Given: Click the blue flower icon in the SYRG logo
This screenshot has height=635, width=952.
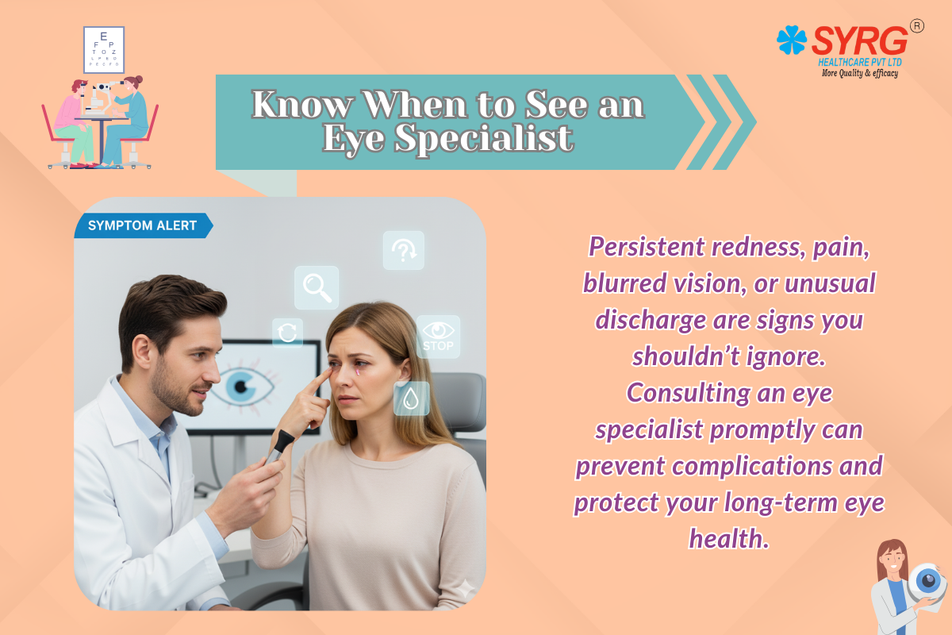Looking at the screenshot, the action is pyautogui.click(x=792, y=40).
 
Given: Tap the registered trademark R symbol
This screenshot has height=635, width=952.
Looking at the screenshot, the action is pyautogui.click(x=917, y=26).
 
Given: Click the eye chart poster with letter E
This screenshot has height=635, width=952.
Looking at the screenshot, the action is pyautogui.click(x=104, y=50).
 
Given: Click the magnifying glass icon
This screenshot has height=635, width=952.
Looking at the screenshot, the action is pyautogui.click(x=317, y=287).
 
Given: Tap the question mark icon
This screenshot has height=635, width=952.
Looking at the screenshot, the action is pyautogui.click(x=404, y=250).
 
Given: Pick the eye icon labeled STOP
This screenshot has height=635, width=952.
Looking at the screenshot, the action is pyautogui.click(x=438, y=337).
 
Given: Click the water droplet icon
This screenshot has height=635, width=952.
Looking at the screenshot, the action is pyautogui.click(x=411, y=398).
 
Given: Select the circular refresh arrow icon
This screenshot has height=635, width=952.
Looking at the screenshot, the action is pyautogui.click(x=288, y=333).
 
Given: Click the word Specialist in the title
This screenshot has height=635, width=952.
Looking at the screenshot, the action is pyautogui.click(x=484, y=138).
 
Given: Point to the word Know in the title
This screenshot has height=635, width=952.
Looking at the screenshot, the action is pyautogui.click(x=302, y=104).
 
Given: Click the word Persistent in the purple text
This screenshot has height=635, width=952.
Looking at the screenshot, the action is pyautogui.click(x=647, y=246).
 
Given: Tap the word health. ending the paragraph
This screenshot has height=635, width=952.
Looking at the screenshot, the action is pyautogui.click(x=729, y=538).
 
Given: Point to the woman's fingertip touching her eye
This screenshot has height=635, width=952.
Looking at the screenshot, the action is pyautogui.click(x=329, y=372).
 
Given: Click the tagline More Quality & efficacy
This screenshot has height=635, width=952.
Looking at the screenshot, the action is pyautogui.click(x=860, y=73).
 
